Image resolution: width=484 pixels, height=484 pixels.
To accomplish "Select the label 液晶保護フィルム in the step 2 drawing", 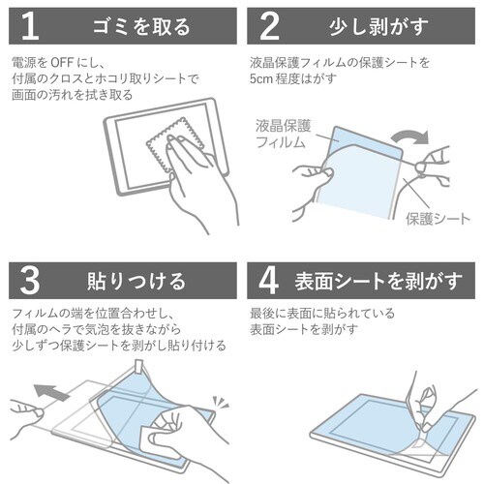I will click(x=285, y=136).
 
